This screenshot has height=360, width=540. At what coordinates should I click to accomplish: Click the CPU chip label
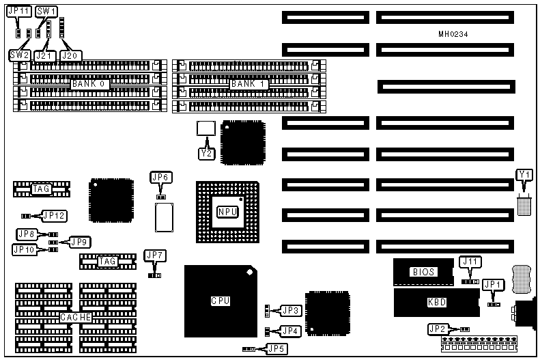pos(219,300)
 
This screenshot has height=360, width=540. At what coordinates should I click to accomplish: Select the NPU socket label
pos(227,212)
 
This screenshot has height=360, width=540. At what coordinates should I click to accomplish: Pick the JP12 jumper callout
pos(55,216)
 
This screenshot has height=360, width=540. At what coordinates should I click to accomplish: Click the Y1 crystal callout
pos(524,176)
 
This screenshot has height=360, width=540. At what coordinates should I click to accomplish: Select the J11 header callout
pos(470,261)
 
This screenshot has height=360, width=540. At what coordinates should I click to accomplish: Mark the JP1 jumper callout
pos(492,285)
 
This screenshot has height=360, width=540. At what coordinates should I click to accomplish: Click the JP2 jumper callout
pos(438,329)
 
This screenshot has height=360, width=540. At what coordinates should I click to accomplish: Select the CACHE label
pos(75,318)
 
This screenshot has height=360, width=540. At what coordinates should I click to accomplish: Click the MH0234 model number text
pos(453,34)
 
